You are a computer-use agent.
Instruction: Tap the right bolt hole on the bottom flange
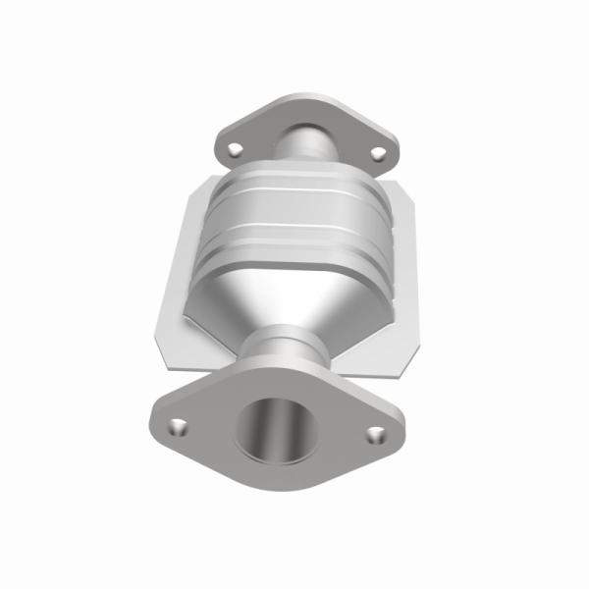(x=375, y=433)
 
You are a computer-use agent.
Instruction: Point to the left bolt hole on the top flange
(x=235, y=149)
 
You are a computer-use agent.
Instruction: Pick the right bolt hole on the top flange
(x=378, y=152)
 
